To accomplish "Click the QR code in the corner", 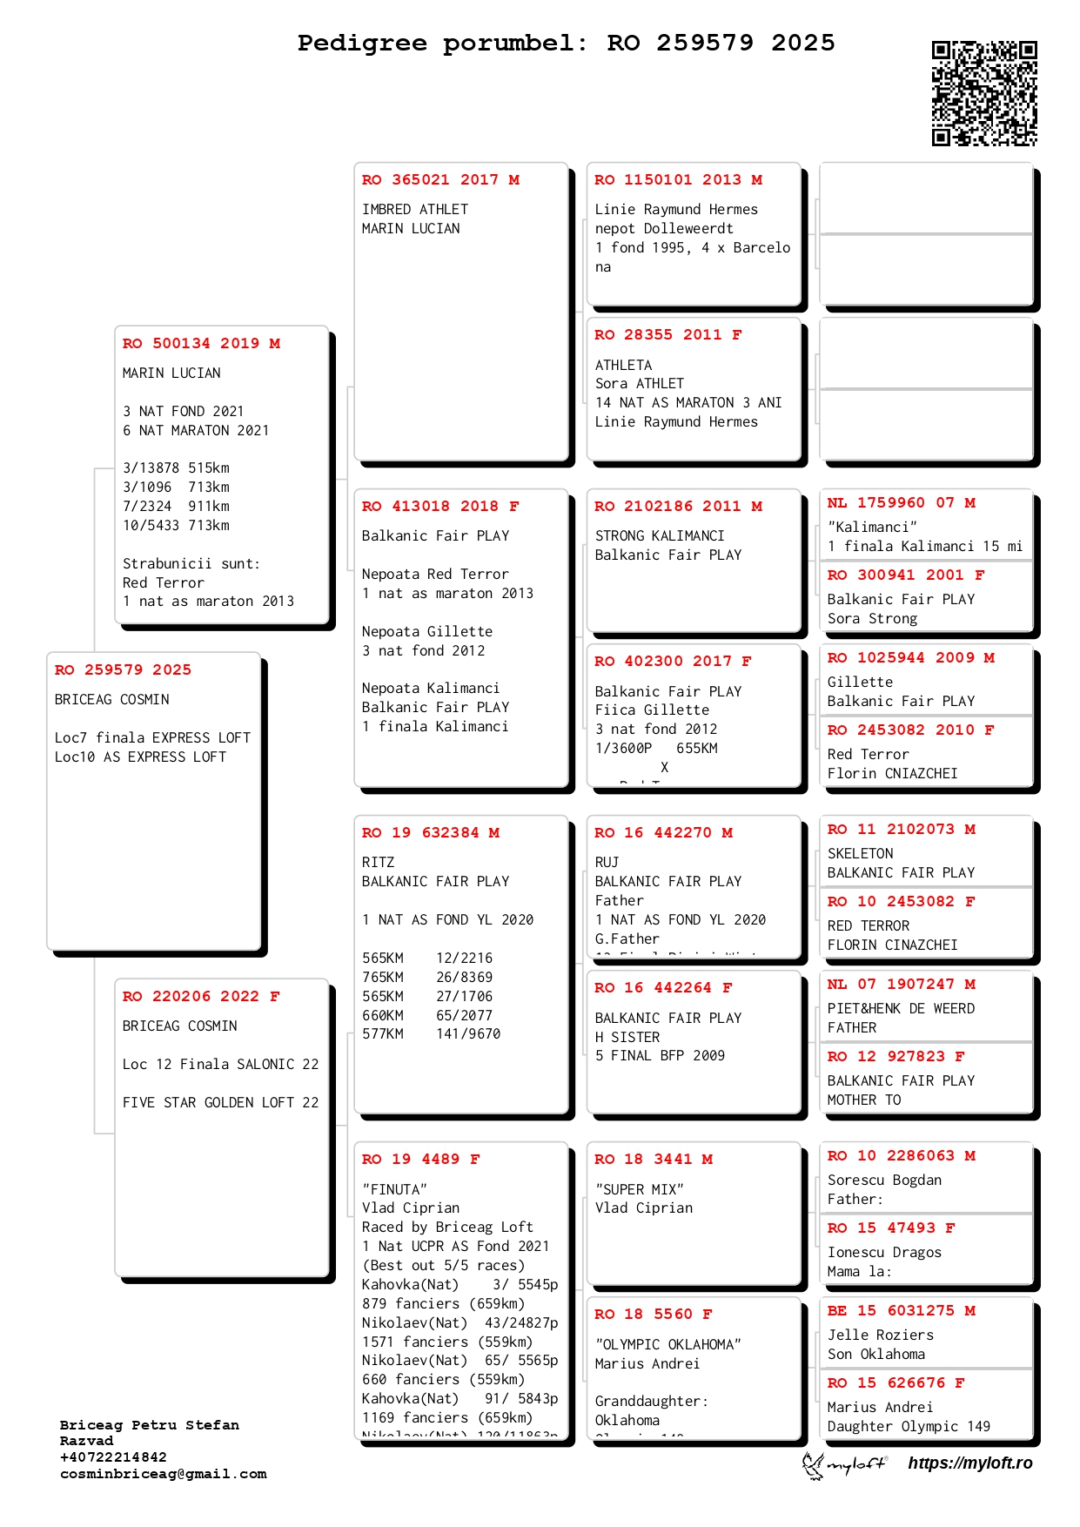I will (x=984, y=93).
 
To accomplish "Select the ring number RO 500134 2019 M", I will (x=201, y=344).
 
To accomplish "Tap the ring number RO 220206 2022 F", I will (x=201, y=997).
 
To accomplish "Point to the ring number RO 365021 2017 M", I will (x=440, y=180).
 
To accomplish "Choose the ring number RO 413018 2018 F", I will (x=440, y=507).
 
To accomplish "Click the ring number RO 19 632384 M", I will (x=431, y=833).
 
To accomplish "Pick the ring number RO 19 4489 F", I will (x=420, y=1160).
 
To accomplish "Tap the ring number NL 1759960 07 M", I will (x=901, y=503).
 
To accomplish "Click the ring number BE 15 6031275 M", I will (x=901, y=1311).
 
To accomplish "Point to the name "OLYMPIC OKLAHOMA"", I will (x=667, y=1345).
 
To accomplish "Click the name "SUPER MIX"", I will (x=640, y=1190).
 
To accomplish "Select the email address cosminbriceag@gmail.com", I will (x=164, y=1474).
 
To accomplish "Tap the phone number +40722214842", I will (x=113, y=1457).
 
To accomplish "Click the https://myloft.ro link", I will (x=970, y=1463).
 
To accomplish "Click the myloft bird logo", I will (x=814, y=1465).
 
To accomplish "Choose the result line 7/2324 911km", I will (x=176, y=507).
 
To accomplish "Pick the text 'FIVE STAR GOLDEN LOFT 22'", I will (x=220, y=1103).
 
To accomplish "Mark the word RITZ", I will (x=378, y=863).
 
